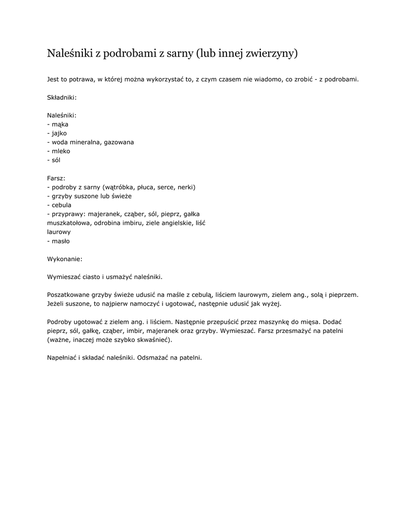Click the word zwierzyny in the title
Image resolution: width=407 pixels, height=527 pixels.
click(x=272, y=54)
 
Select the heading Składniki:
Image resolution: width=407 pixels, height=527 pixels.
click(x=62, y=97)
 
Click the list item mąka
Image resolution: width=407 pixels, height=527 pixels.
click(x=59, y=124)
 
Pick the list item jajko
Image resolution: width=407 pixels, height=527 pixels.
click(x=59, y=133)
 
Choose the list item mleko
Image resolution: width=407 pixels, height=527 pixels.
click(x=60, y=151)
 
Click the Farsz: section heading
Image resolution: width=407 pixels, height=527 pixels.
click(x=57, y=178)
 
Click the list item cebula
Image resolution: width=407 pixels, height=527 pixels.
click(x=61, y=205)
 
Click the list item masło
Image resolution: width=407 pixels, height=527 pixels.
click(x=60, y=241)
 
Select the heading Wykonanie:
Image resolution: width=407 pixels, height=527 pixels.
click(x=64, y=259)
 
